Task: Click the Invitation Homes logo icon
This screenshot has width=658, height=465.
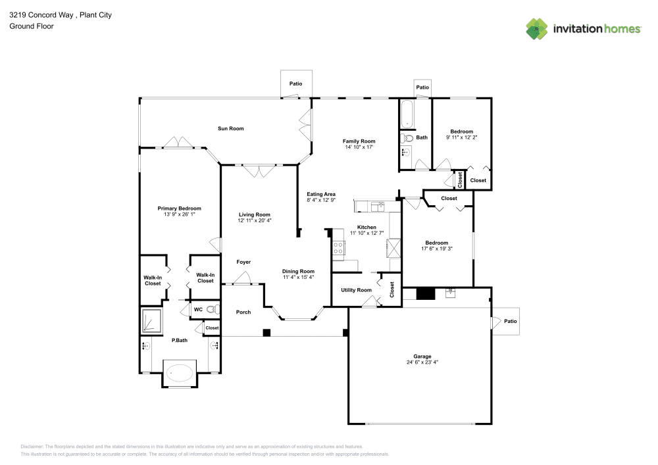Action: (x=537, y=28)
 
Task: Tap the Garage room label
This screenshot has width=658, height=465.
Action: (x=422, y=356)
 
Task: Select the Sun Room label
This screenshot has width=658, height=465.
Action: (x=230, y=128)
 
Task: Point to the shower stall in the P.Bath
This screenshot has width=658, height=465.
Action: (x=152, y=322)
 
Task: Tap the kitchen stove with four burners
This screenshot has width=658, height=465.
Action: (x=338, y=248)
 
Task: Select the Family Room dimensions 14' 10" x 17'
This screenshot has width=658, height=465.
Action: (x=359, y=147)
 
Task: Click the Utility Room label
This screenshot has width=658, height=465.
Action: (x=356, y=290)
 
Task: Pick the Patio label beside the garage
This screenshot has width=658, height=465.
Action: (x=510, y=321)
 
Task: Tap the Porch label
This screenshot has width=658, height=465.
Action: (x=243, y=312)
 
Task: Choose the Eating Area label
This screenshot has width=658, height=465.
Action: (x=321, y=194)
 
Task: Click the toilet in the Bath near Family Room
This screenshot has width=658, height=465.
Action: (x=407, y=138)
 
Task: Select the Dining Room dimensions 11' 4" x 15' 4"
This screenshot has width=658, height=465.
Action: (x=298, y=278)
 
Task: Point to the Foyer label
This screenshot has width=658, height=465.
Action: (x=243, y=262)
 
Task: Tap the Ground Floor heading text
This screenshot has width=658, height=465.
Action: (x=32, y=26)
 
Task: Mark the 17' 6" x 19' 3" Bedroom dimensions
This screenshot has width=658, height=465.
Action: (x=436, y=249)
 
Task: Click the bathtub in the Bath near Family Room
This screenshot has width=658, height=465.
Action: (x=407, y=114)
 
